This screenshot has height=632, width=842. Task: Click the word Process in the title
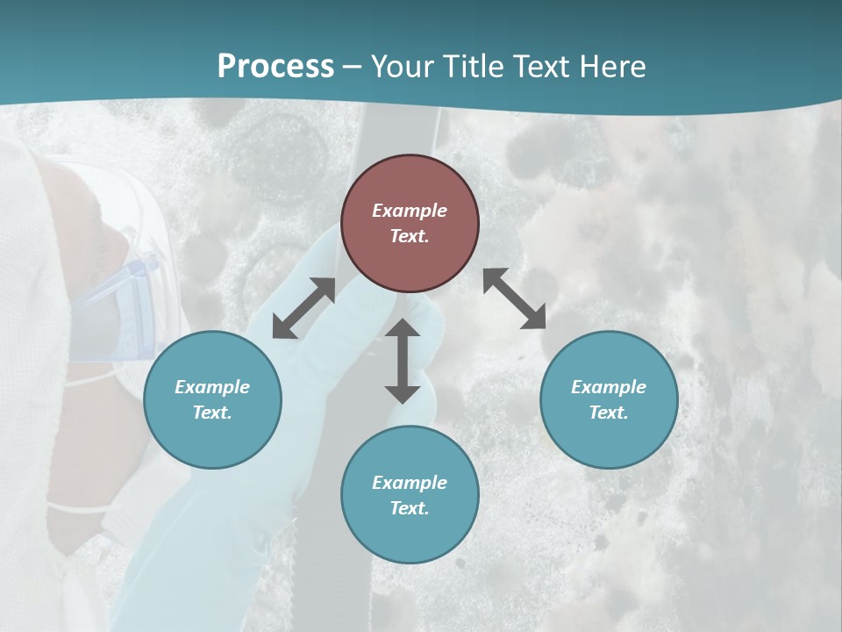[275, 67]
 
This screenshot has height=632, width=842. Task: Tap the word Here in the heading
[613, 67]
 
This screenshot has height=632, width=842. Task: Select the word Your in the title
[402, 67]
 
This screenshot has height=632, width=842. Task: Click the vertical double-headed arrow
[403, 361]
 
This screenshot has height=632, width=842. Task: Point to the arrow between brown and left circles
[303, 308]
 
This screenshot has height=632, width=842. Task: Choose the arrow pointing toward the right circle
[515, 298]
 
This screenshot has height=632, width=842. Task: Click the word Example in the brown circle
[410, 211]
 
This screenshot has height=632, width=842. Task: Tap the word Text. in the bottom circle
[410, 508]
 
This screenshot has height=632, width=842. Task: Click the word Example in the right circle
[609, 387]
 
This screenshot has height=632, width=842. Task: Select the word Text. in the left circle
[212, 413]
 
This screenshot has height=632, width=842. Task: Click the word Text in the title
[545, 67]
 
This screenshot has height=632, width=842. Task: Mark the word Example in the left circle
[212, 387]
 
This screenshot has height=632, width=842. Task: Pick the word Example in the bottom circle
[410, 483]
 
